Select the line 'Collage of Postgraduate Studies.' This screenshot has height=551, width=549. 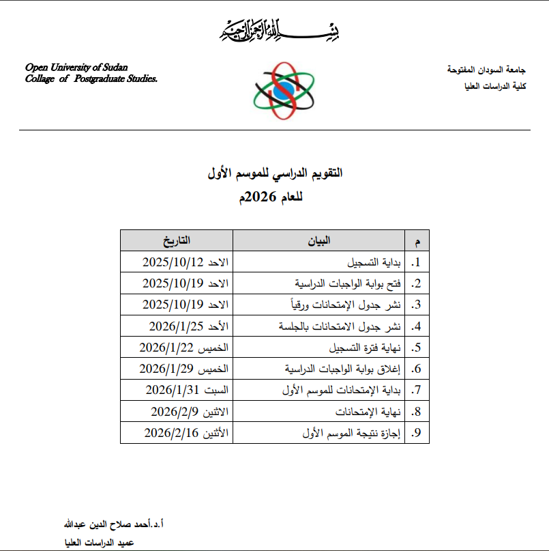point(91,79)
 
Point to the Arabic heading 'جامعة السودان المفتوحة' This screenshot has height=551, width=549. point(486,70)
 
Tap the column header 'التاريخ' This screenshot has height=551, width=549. point(177,240)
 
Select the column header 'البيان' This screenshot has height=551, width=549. point(321,240)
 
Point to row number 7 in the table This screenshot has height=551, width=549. point(417,391)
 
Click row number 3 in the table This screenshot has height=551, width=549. point(417,305)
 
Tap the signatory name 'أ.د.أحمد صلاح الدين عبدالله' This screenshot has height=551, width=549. point(113,524)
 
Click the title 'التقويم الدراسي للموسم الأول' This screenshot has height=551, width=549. point(275,173)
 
